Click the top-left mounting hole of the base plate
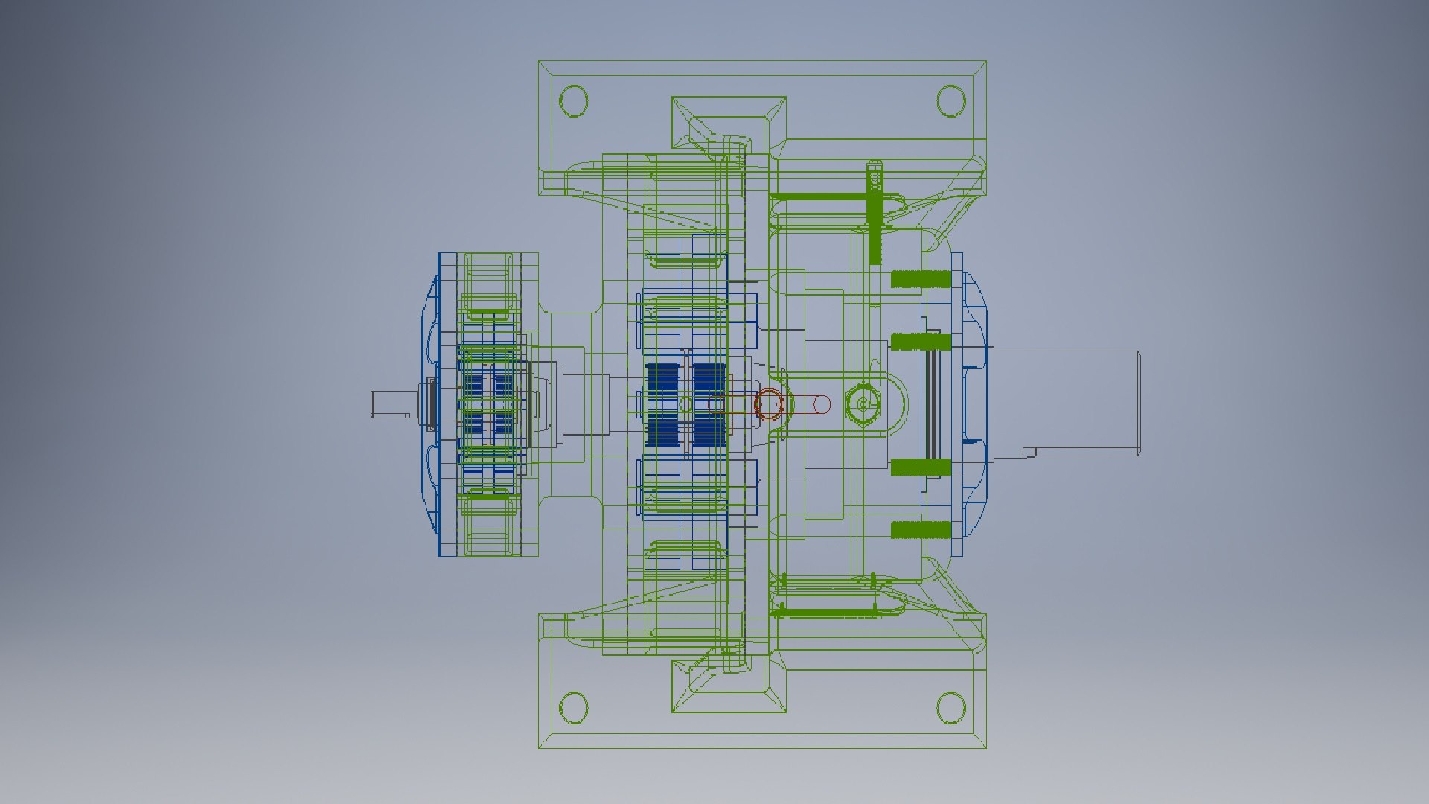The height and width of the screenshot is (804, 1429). tap(573, 100)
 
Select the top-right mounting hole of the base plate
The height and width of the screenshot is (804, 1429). tap(950, 100)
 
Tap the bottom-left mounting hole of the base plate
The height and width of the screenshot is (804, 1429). tap(573, 707)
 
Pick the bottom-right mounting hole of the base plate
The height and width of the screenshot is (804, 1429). tap(950, 707)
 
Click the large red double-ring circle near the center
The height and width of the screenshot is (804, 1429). tap(770, 404)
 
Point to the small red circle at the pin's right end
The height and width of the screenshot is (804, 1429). tap(822, 404)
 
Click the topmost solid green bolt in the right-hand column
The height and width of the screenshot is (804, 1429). tap(921, 279)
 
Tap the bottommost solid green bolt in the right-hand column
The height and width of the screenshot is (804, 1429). tap(921, 530)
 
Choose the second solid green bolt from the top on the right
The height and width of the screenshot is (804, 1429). tap(921, 342)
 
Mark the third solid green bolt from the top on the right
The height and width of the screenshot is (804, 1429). tap(921, 468)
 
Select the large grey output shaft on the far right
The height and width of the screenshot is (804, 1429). tap(1064, 402)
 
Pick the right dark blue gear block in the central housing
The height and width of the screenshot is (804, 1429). tap(709, 404)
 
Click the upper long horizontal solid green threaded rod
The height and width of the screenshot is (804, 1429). tap(819, 197)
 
